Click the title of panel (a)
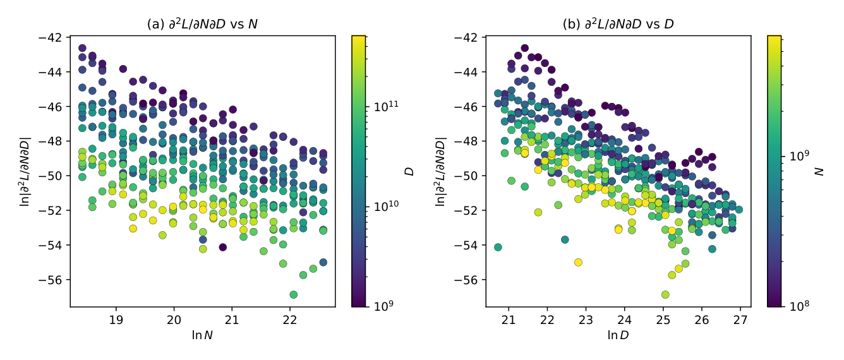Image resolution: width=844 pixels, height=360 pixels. coord(202,24)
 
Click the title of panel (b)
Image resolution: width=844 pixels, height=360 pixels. coord(618,24)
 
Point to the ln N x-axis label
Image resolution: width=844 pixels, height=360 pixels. coord(202,335)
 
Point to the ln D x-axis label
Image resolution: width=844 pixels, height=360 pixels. coord(618,335)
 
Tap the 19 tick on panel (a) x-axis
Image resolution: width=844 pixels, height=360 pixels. coord(116,320)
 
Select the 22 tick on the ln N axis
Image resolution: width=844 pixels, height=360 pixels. coord(289,320)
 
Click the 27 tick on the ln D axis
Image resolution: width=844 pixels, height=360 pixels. coord(740,320)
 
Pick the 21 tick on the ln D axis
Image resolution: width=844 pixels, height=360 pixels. coord(509,320)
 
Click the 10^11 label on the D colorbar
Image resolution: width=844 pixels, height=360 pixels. coord(386,107)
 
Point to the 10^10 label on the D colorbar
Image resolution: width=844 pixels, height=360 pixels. coord(386,206)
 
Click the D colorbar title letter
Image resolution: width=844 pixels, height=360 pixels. coord(409,172)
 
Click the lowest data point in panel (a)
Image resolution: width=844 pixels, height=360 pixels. coord(294,294)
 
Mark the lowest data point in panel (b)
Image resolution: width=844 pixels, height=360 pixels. coord(665,294)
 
